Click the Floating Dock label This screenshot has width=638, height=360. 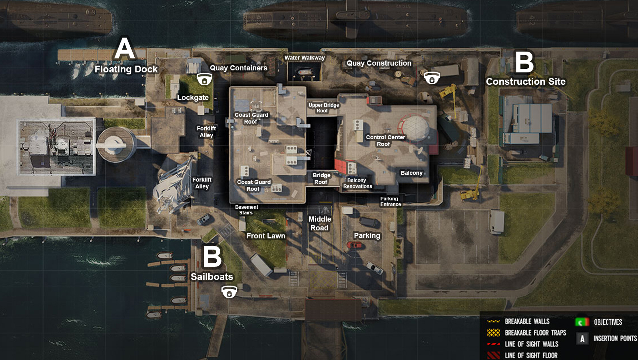pos(126,69)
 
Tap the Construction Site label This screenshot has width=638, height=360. pos(526,82)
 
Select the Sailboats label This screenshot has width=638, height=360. pos(212,277)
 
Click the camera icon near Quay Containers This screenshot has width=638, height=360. pos(204,79)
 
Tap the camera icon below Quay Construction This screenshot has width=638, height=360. pos(432,78)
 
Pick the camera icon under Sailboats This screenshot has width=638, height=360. pos(229,292)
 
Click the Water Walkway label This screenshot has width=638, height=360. pos(305,58)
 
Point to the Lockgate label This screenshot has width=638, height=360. pos(193,98)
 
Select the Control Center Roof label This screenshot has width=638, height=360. pos(385,140)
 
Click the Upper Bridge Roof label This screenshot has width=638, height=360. pos(323,108)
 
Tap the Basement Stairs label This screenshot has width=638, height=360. pos(246,210)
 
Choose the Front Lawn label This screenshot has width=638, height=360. pos(266,236)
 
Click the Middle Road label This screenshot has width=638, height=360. pos(320,224)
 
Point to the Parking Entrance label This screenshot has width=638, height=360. pos(390,201)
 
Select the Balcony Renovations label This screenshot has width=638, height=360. pos(357,183)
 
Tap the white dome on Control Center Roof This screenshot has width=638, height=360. pos(416,127)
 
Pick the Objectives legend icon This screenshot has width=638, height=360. pos(582,322)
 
